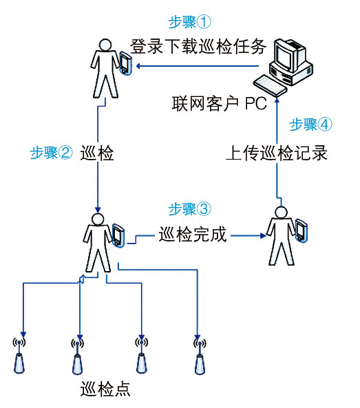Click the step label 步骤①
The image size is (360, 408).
[189, 22]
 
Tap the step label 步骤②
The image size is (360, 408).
[51, 153]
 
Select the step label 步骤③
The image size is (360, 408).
[189, 209]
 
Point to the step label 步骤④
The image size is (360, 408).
[311, 125]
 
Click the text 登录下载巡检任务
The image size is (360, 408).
[198, 47]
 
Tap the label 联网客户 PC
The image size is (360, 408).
[220, 103]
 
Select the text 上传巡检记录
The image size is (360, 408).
[277, 153]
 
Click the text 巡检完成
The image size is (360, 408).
[193, 234]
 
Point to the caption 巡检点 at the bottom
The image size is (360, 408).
[105, 389]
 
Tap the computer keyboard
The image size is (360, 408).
[271, 86]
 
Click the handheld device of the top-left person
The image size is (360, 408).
[125, 63]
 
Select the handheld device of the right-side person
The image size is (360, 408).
[301, 230]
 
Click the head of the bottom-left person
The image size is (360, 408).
[98, 219]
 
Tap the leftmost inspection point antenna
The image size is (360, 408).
[19, 356]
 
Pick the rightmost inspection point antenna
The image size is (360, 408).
[200, 356]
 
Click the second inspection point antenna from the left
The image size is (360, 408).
[77, 356]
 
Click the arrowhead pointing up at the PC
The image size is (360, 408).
[277, 100]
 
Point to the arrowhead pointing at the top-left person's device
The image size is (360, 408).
[139, 66]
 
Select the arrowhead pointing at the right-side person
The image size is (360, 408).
[263, 236]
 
